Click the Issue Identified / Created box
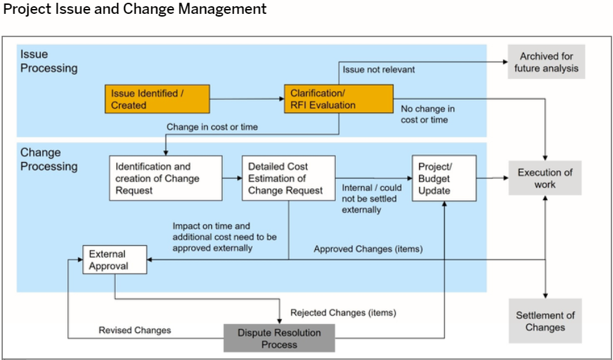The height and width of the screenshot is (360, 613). point(157,99)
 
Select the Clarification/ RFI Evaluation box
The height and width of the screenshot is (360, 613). point(339,99)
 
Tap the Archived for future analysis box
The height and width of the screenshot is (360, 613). point(546,62)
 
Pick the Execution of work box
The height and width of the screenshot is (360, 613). point(545,178)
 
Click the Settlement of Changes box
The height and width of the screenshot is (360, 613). point(545,321)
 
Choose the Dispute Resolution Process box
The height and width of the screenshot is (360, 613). point(279,338)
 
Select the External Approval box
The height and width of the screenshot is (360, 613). point(115,260)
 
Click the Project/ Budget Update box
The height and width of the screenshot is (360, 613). point(444,178)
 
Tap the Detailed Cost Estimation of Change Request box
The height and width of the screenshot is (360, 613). point(289,178)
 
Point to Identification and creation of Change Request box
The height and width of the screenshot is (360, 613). point(166,178)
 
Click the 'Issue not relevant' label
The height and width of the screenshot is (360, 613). point(379,70)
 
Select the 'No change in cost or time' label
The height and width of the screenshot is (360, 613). point(427,114)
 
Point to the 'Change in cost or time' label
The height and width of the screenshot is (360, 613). point(212,127)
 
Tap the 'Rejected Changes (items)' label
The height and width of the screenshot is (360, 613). point(344,313)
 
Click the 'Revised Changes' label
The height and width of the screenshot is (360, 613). point(134,330)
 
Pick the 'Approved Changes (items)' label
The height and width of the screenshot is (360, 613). point(368,249)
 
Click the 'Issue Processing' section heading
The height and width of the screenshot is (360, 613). point(49,61)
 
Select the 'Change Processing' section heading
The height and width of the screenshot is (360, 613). point(49,159)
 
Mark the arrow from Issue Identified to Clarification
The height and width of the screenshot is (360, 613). point(247,99)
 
